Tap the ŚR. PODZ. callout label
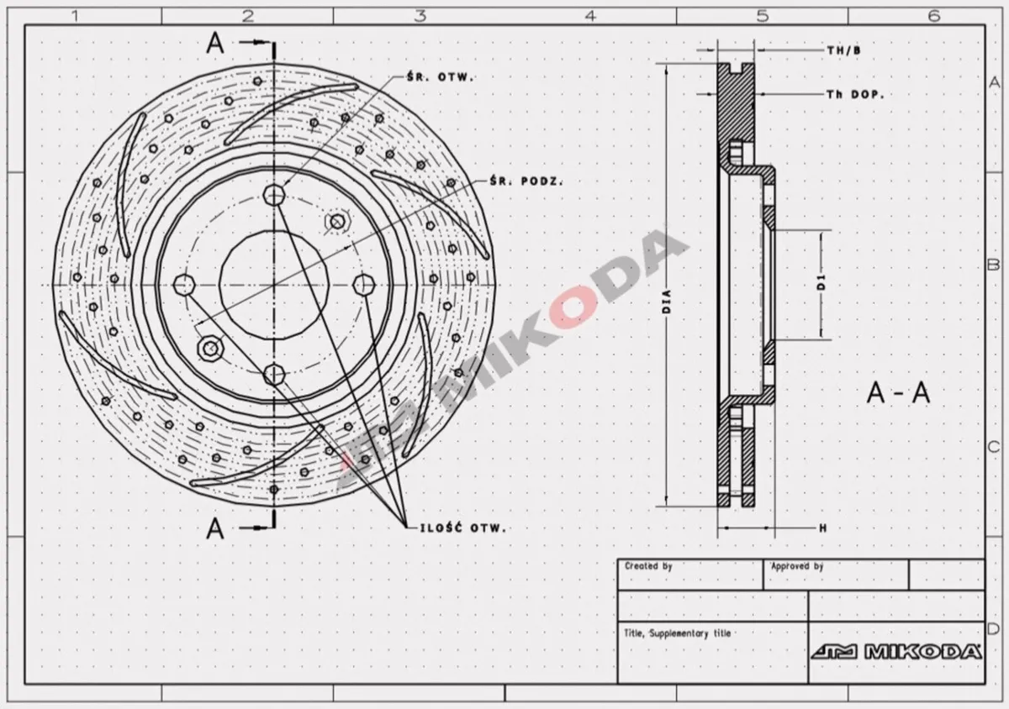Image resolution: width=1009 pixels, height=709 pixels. coord(526,181)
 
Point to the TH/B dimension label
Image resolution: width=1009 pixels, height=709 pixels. coord(843,50)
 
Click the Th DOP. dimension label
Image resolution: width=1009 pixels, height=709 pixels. coord(854,95)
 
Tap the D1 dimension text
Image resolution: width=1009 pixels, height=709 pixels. coord(821,286)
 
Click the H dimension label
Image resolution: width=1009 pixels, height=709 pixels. coord(822,528)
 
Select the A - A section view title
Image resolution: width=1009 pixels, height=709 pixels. coord(898,393)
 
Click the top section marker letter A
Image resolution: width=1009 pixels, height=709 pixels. coord(216,44)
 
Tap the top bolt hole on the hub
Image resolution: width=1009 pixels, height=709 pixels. coord(275,195)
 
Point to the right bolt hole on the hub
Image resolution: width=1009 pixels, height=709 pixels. coord(365,284)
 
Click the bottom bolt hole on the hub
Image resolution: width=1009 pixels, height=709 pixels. coord(275,373)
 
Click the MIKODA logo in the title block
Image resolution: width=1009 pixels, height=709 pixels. coord(896,652)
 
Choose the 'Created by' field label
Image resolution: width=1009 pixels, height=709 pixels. coord(648,567)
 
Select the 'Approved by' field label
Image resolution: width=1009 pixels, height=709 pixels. coord(797,567)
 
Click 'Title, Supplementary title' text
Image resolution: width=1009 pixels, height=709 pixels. coord(677,633)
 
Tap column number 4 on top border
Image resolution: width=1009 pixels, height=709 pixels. coord(590,14)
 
